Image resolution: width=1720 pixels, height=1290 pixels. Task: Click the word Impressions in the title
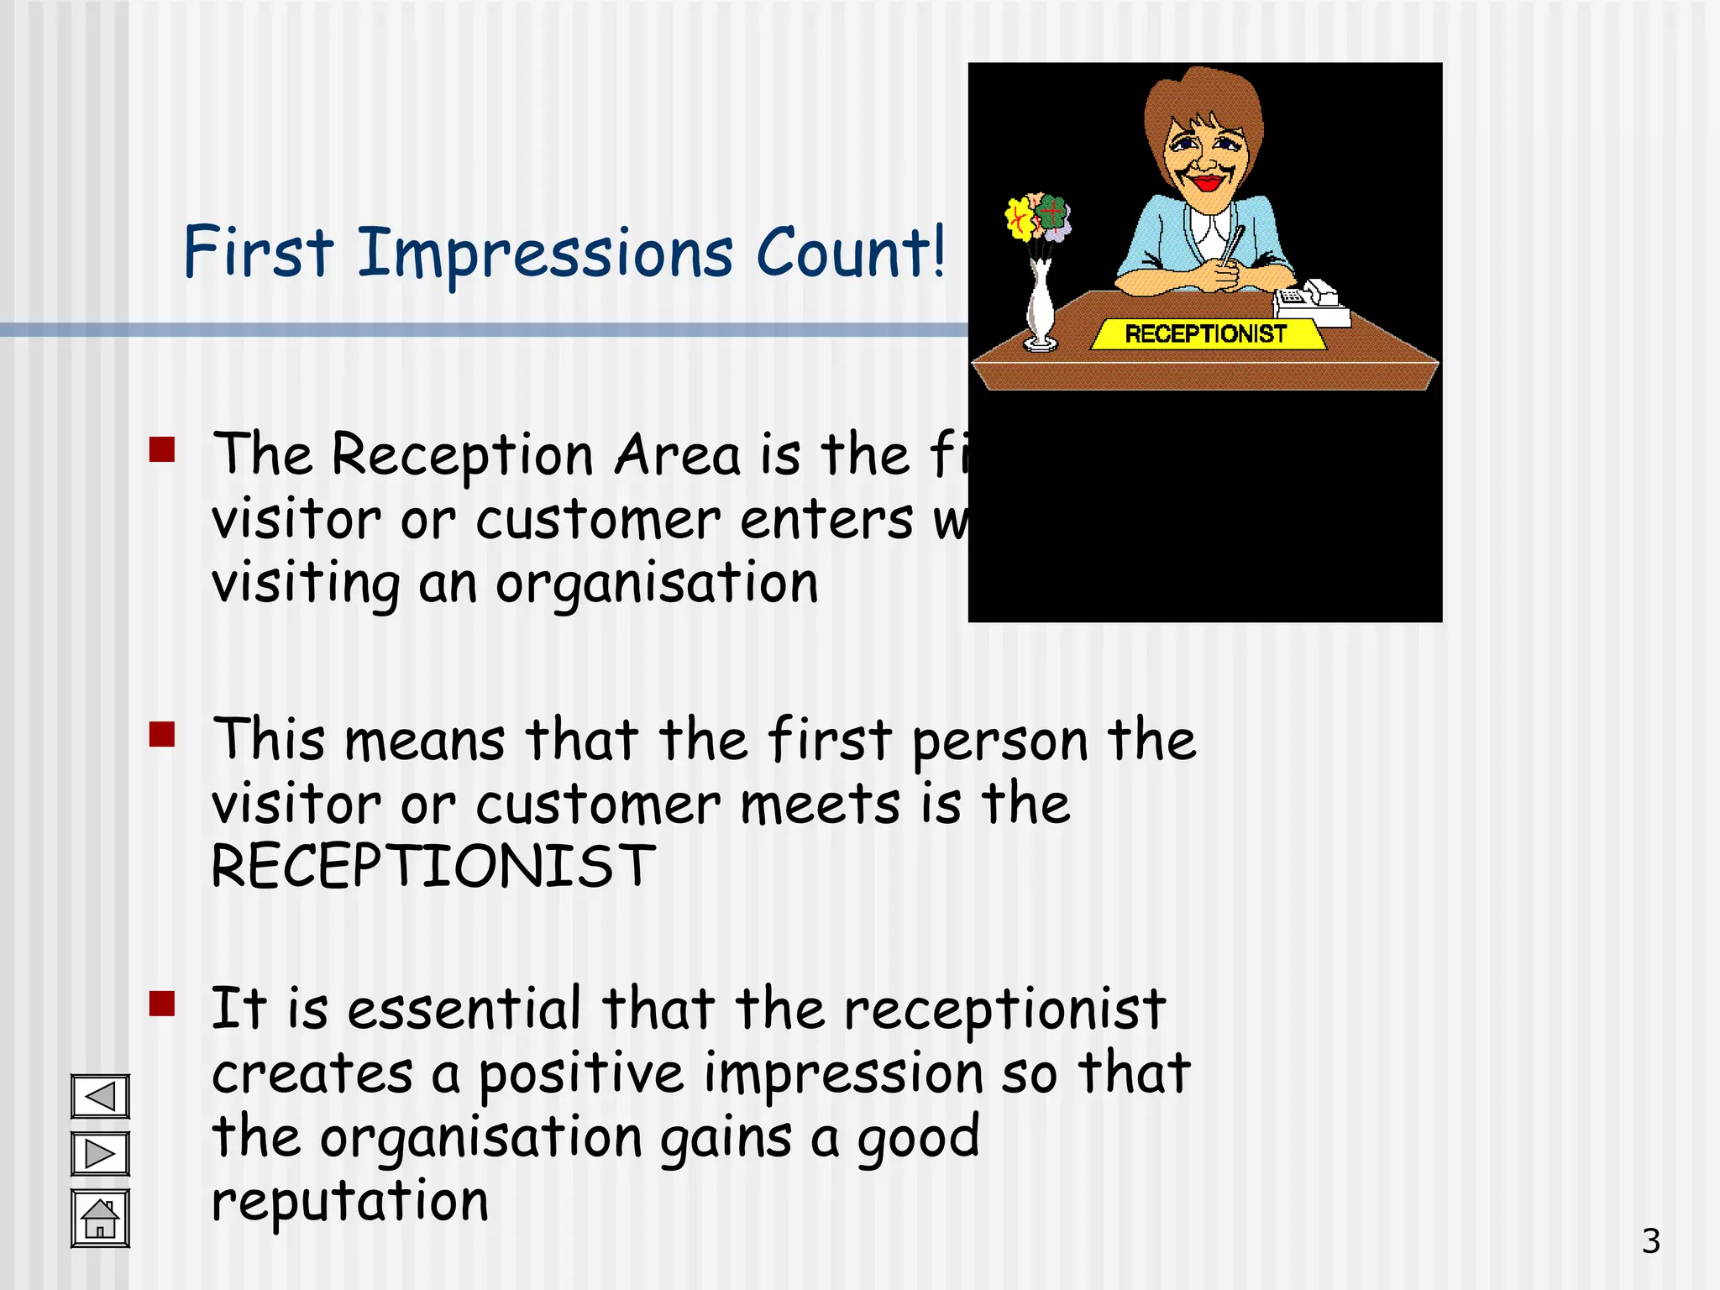545,254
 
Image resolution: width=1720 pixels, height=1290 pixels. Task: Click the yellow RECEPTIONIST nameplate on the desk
1206,334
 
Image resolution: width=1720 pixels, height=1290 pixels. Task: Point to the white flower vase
1041,307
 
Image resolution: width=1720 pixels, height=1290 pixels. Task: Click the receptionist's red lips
1206,183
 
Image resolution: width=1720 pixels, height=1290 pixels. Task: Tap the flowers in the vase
1038,218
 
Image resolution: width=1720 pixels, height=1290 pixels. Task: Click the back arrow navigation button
100,1096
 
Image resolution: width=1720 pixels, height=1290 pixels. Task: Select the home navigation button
100,1218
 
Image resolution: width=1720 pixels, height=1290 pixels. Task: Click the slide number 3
1650,1241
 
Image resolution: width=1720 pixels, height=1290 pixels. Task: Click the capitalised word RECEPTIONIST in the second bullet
433,867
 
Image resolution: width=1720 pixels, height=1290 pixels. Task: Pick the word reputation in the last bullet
349,1201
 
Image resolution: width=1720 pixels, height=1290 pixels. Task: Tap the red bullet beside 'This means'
162,734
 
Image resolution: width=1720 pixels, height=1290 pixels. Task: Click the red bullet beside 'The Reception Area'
162,449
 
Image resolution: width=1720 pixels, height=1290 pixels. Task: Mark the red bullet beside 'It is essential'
162,1004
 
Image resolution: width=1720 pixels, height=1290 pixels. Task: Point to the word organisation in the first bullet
656,584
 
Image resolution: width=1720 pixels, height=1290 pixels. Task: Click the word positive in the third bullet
581,1075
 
